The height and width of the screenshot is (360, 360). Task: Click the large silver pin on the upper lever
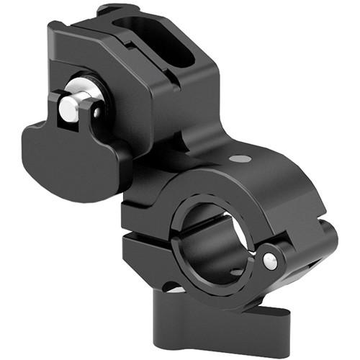point(70,108)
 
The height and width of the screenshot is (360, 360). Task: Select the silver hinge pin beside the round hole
point(269,261)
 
